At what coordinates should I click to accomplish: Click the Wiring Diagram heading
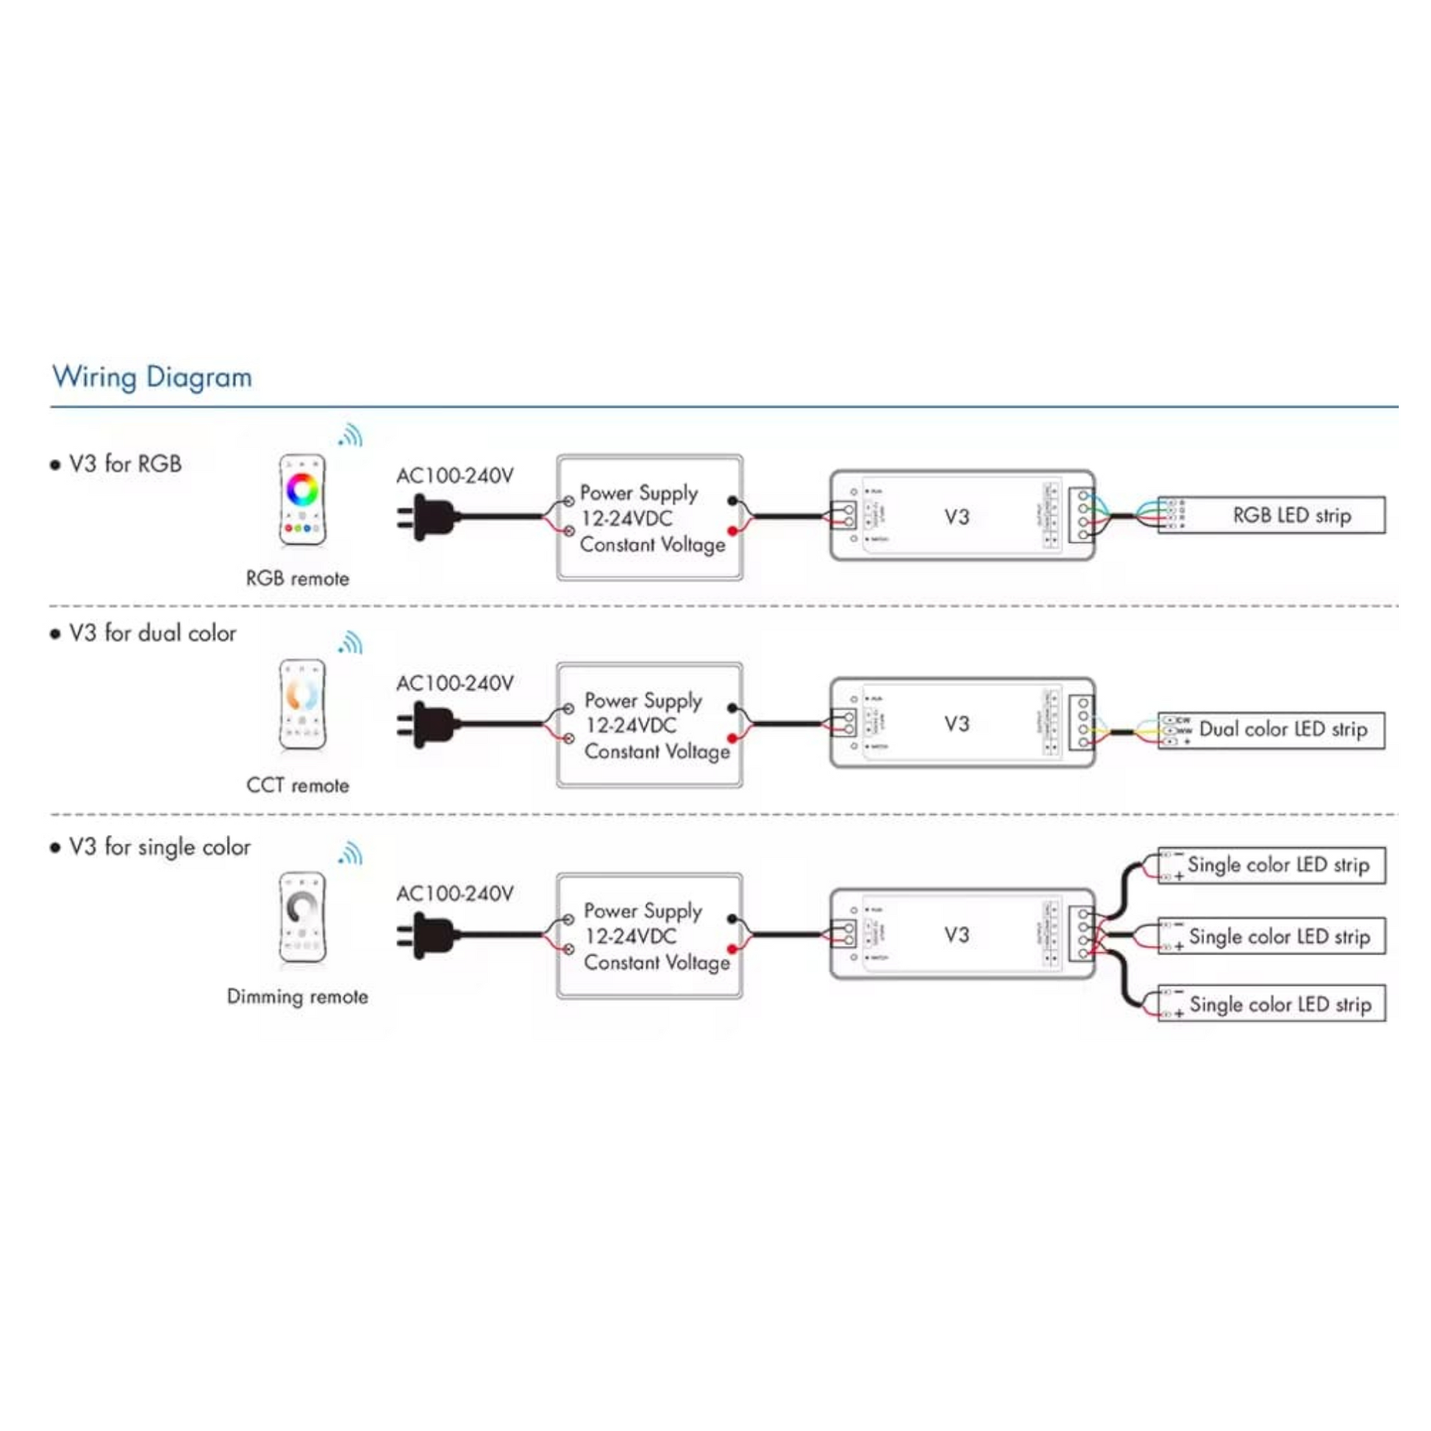tap(151, 377)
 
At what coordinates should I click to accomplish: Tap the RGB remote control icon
tap(302, 500)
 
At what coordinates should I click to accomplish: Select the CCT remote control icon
tap(302, 704)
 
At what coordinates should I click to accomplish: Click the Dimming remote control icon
tap(302, 917)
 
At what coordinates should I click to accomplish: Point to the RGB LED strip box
tap(1271, 515)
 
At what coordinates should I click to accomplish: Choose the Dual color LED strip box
tap(1271, 729)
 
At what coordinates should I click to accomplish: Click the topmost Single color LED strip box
tap(1271, 865)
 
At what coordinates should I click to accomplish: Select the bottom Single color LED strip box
tap(1271, 1004)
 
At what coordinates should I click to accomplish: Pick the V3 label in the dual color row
tap(956, 724)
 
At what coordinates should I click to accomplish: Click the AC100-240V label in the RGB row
tap(454, 476)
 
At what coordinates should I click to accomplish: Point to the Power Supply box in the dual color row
tap(649, 725)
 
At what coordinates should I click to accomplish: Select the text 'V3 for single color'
tap(160, 846)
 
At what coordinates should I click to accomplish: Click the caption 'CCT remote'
tap(297, 785)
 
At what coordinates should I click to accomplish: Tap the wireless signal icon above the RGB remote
tap(351, 435)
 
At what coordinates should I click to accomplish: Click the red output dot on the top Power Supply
tap(732, 531)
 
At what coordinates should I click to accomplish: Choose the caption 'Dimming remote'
tap(297, 996)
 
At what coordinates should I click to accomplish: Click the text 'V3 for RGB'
tap(124, 464)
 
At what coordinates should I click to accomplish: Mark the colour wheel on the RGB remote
tap(302, 489)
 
